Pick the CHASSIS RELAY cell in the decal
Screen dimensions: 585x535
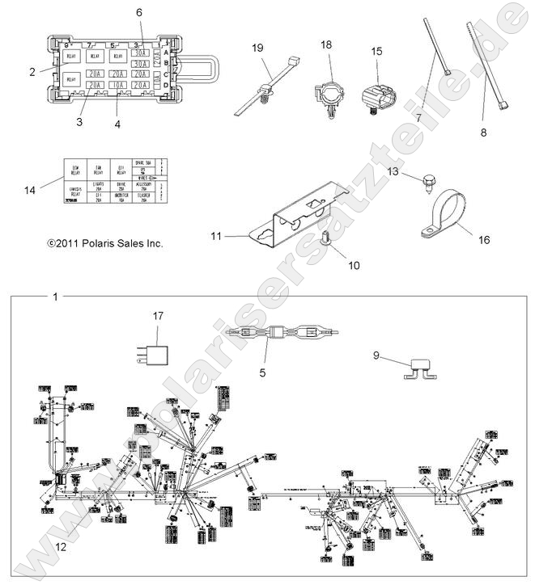tap(75, 195)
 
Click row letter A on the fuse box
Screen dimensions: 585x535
tap(166, 53)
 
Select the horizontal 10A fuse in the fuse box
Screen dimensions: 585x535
tap(118, 84)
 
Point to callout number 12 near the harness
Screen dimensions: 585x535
tap(60, 547)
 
